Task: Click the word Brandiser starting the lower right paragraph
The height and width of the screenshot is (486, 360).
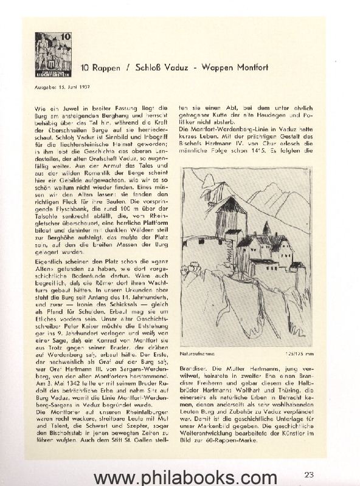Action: point(195,368)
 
